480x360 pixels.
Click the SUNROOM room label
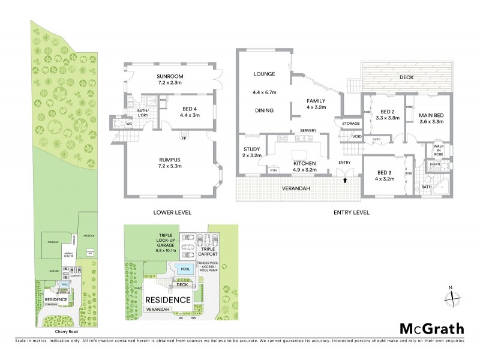pyautogui.click(x=170, y=76)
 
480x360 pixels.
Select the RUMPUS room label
pyautogui.click(x=170, y=159)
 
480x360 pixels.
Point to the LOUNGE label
pyautogui.click(x=264, y=74)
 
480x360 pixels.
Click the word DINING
pyautogui.click(x=264, y=110)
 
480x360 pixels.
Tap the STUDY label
pyautogui.click(x=251, y=150)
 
